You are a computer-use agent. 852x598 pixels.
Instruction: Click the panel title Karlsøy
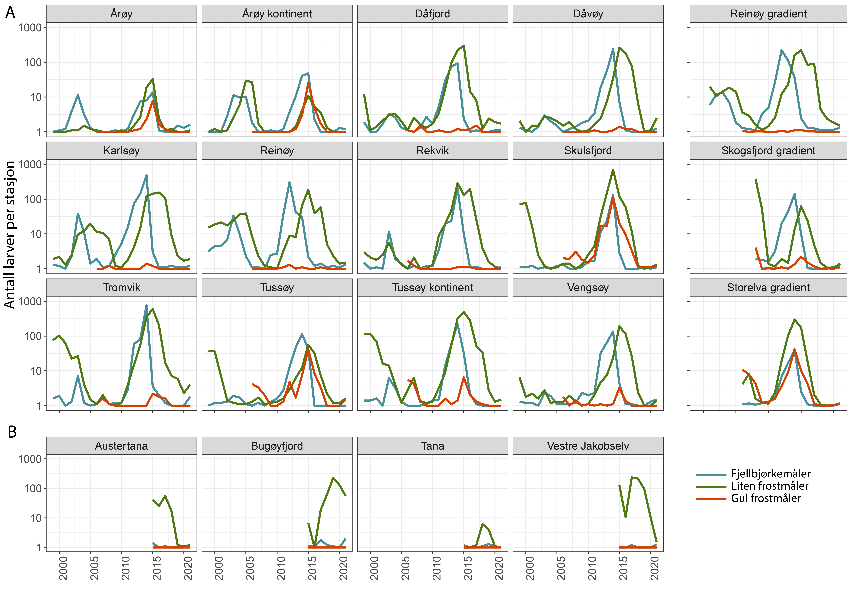tap(121, 151)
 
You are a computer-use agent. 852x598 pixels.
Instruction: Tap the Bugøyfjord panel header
tap(277, 446)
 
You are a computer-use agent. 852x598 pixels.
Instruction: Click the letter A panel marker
tap(10, 13)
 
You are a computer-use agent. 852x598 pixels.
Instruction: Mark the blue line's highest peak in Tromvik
tap(146, 306)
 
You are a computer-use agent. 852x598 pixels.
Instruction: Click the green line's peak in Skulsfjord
tap(613, 170)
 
